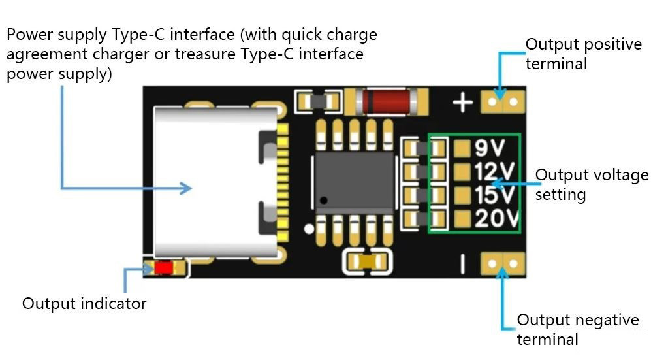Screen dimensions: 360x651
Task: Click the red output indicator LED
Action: point(163,268)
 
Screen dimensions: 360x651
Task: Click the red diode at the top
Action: point(385,101)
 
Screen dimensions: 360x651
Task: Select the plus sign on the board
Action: point(463,103)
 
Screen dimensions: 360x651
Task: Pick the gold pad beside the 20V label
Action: point(462,218)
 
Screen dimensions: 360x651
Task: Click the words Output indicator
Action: point(84,304)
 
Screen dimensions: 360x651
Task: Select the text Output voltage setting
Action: point(592,185)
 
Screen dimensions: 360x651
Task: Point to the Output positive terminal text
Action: point(583,54)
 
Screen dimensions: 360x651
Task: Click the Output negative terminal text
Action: point(577,329)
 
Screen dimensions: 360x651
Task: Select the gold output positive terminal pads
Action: point(503,101)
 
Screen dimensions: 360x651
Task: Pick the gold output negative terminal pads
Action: point(503,263)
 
